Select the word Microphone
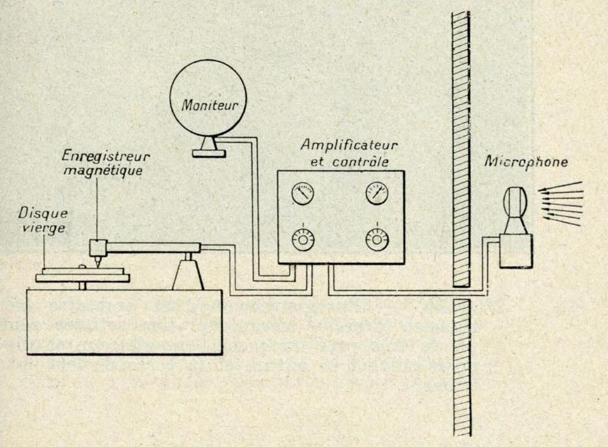tap(527, 162)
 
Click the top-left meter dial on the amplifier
tap(303, 194)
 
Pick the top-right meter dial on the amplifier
tap(377, 193)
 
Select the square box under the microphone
tap(516, 250)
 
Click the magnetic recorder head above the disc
tap(97, 248)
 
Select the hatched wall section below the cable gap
tap(462, 365)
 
